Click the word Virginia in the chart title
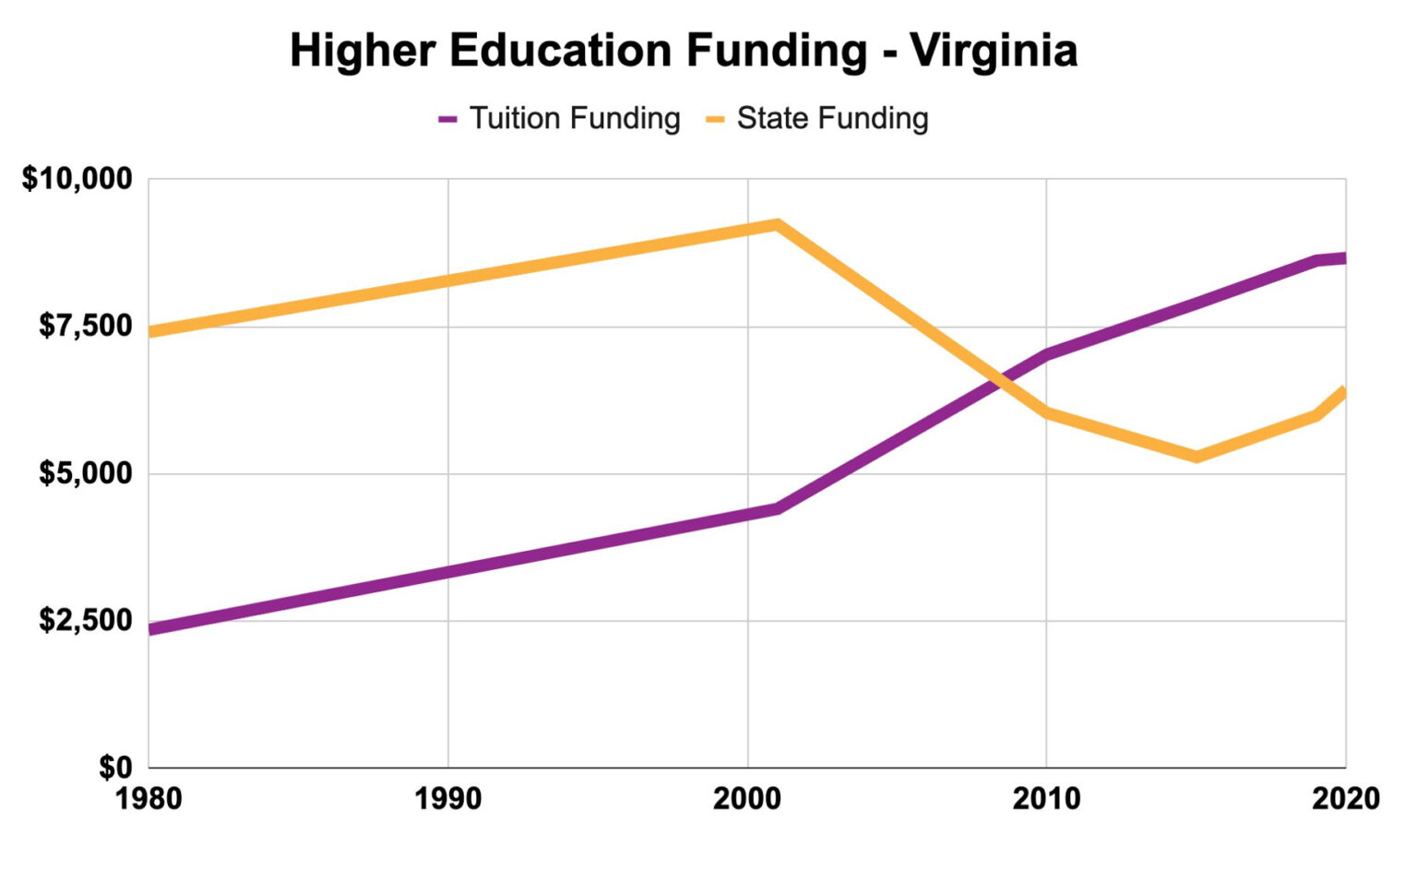click(x=994, y=51)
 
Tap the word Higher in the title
click(x=362, y=51)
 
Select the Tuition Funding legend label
click(x=575, y=119)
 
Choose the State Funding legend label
click(x=832, y=119)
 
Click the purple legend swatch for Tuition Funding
click(x=448, y=120)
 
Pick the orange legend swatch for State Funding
click(x=715, y=120)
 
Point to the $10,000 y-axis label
click(x=77, y=179)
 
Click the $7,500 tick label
click(x=86, y=326)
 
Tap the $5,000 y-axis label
click(x=86, y=473)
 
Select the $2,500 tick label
click(x=86, y=620)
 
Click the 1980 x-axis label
click(x=149, y=798)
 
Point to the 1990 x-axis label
click(x=447, y=798)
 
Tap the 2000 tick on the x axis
click(x=746, y=798)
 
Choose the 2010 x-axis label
click(x=1046, y=798)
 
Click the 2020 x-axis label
click(x=1345, y=798)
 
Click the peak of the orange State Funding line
click(x=777, y=224)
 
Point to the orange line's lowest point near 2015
click(x=1197, y=457)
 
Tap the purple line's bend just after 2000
click(x=777, y=508)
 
